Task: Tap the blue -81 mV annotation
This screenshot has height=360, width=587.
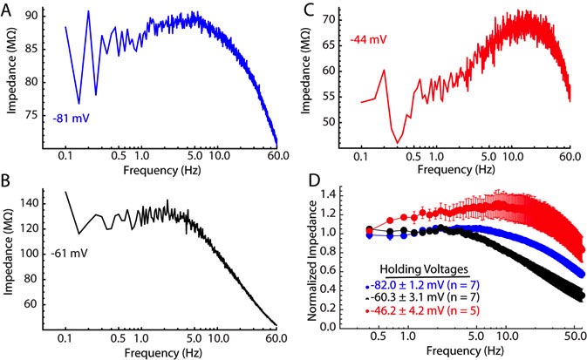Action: click(70, 117)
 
